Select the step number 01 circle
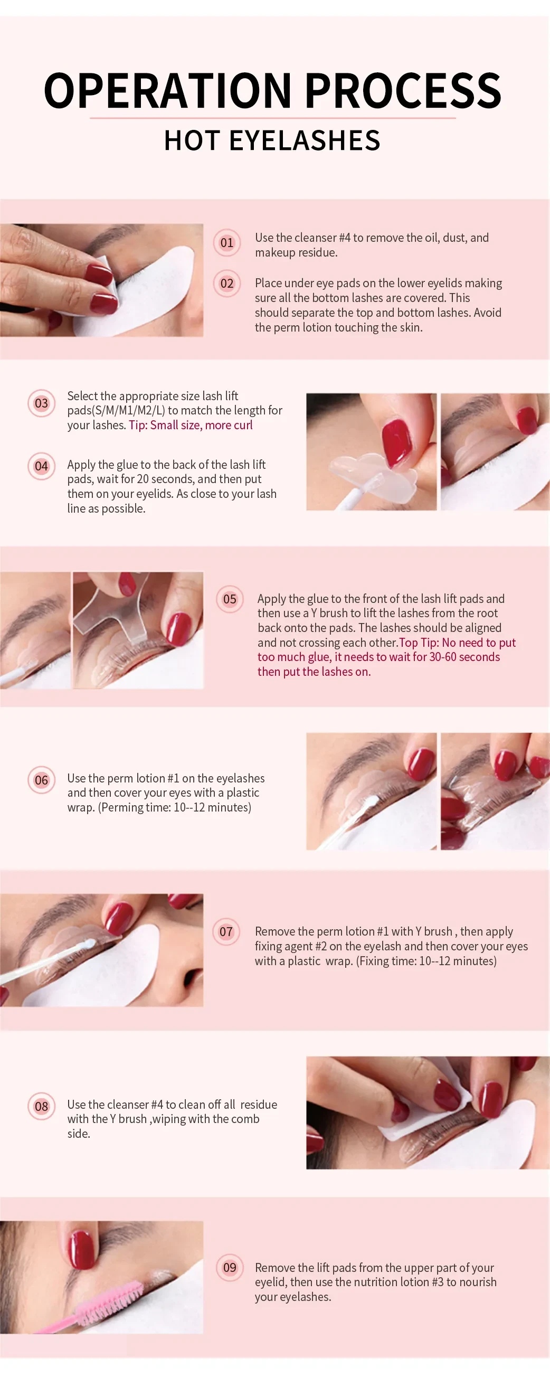[x=226, y=243]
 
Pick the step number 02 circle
[x=226, y=284]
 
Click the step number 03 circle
[x=41, y=403]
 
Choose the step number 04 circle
[x=41, y=466]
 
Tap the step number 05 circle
[x=230, y=599]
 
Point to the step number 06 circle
[x=41, y=780]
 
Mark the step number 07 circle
[x=226, y=931]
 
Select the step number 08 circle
[x=41, y=1106]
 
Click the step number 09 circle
[x=230, y=1268]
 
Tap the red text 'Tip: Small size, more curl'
[x=190, y=426]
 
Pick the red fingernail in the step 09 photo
[x=83, y=1248]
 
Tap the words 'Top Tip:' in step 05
[x=419, y=643]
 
